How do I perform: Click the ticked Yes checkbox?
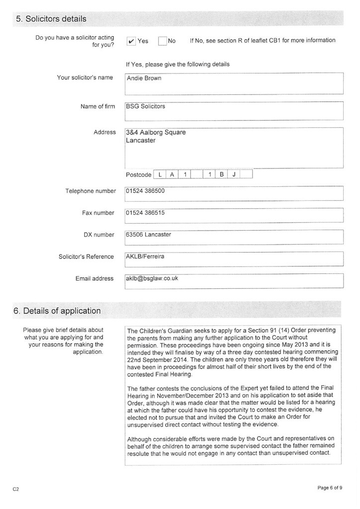tap(131, 41)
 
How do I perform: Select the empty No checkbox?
tap(163, 41)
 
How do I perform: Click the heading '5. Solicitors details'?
tap(51, 19)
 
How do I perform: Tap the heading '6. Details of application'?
tap(57, 311)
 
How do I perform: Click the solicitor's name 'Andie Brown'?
tap(144, 78)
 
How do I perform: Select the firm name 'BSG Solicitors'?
tap(146, 106)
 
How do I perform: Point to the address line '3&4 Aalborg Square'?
tap(156, 133)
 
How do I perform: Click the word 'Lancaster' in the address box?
tap(141, 141)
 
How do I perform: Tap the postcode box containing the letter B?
tap(222, 174)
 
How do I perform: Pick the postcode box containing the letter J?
tap(234, 174)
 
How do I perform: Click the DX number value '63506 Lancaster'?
tap(149, 235)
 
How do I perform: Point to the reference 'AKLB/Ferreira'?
tap(145, 256)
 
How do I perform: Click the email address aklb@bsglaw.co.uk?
tap(152, 278)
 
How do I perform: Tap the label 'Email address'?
tap(94, 278)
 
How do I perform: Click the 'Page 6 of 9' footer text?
tap(330, 488)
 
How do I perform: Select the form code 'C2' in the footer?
tap(16, 489)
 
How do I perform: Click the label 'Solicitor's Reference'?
tap(87, 256)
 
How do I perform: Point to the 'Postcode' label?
tap(139, 175)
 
